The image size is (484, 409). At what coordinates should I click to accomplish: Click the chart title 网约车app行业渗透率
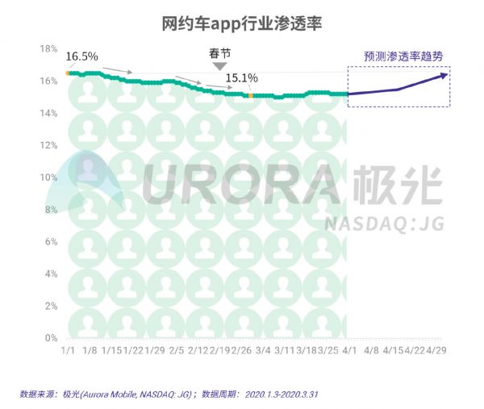pyautogui.click(x=241, y=20)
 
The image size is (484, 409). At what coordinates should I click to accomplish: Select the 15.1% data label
pyautogui.click(x=241, y=78)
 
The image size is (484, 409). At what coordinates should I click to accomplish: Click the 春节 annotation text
pyautogui.click(x=219, y=55)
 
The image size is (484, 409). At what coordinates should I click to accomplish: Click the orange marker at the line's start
pyautogui.click(x=69, y=73)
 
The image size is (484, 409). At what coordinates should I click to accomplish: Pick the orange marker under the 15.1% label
pyautogui.click(x=251, y=95)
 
